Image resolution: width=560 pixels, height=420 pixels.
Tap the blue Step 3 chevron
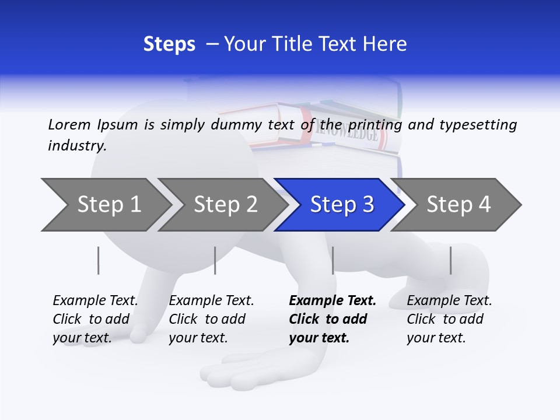341,205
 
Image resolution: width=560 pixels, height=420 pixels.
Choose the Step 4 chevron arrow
458,205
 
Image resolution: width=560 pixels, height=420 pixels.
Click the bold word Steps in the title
169,44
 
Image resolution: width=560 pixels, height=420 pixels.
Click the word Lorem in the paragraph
69,124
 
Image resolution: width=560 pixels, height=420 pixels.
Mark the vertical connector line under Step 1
99,260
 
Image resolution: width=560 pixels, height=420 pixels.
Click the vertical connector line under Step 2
215,260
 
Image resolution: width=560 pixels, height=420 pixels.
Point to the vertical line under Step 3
332,260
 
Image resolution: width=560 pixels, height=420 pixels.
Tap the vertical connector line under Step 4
450,260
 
